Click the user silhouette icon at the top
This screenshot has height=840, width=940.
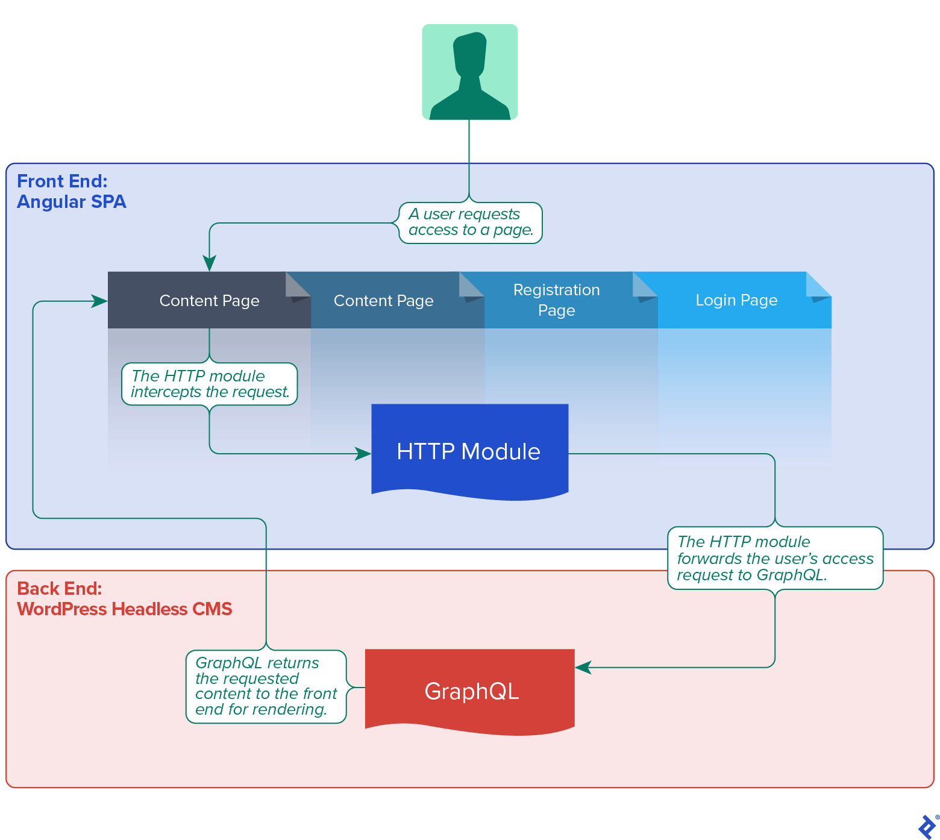[469, 72]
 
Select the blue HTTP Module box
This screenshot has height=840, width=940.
[469, 451]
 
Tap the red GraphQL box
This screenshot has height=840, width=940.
[470, 691]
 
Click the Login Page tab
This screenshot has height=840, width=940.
[736, 300]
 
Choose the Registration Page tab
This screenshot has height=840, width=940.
[556, 300]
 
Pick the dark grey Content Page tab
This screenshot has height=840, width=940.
[208, 300]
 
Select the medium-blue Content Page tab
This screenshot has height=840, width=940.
[383, 300]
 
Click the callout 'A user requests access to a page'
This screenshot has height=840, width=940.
[471, 222]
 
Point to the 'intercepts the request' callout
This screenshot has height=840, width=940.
[209, 384]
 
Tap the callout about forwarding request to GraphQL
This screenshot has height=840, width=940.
[775, 558]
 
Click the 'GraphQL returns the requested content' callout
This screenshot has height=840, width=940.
[266, 686]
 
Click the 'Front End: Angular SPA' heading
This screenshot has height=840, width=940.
[71, 191]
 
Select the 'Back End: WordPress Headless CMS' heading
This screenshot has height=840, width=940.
[124, 598]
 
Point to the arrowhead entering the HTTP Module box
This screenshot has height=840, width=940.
[363, 454]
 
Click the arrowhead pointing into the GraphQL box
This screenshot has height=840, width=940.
[583, 667]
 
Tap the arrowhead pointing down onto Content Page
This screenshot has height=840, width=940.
[209, 263]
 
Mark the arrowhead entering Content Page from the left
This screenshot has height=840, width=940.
[99, 301]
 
